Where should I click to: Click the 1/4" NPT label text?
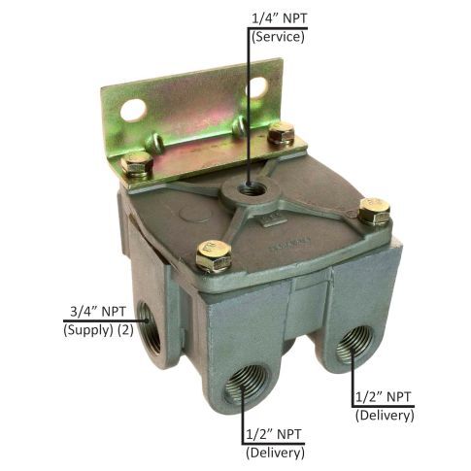(x=278, y=18)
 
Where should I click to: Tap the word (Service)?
(x=278, y=38)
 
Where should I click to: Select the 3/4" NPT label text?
(x=100, y=313)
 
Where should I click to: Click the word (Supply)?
(x=90, y=331)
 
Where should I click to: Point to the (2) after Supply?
(x=133, y=331)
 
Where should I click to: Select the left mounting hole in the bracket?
(x=133, y=110)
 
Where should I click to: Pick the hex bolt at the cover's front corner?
(x=212, y=256)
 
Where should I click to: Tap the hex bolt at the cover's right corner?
(x=373, y=210)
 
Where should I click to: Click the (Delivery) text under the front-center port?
(x=276, y=451)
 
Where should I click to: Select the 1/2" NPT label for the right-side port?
(x=386, y=396)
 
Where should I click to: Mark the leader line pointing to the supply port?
(x=107, y=321)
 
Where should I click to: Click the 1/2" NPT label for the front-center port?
(x=276, y=433)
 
